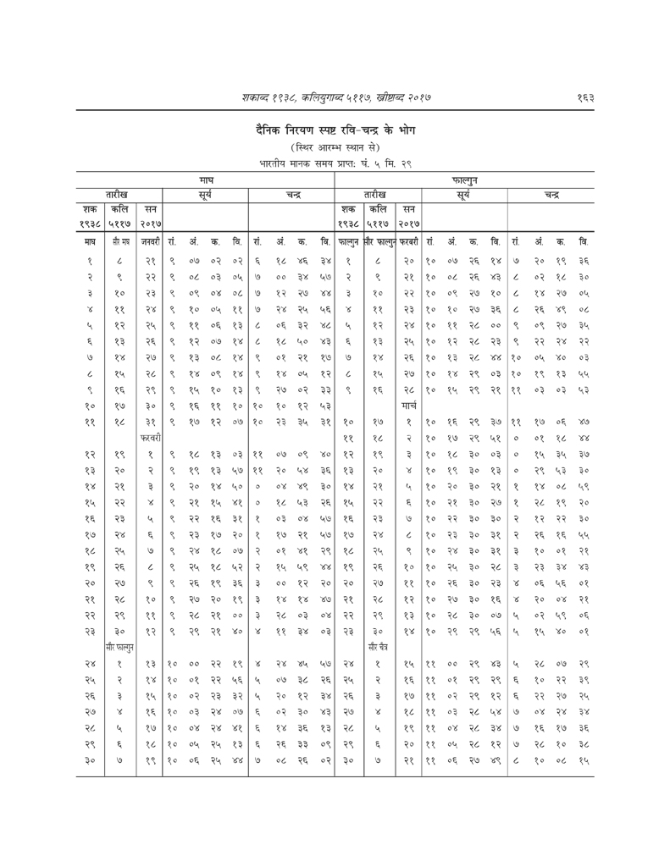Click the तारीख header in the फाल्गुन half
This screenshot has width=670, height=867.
click(x=376, y=194)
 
